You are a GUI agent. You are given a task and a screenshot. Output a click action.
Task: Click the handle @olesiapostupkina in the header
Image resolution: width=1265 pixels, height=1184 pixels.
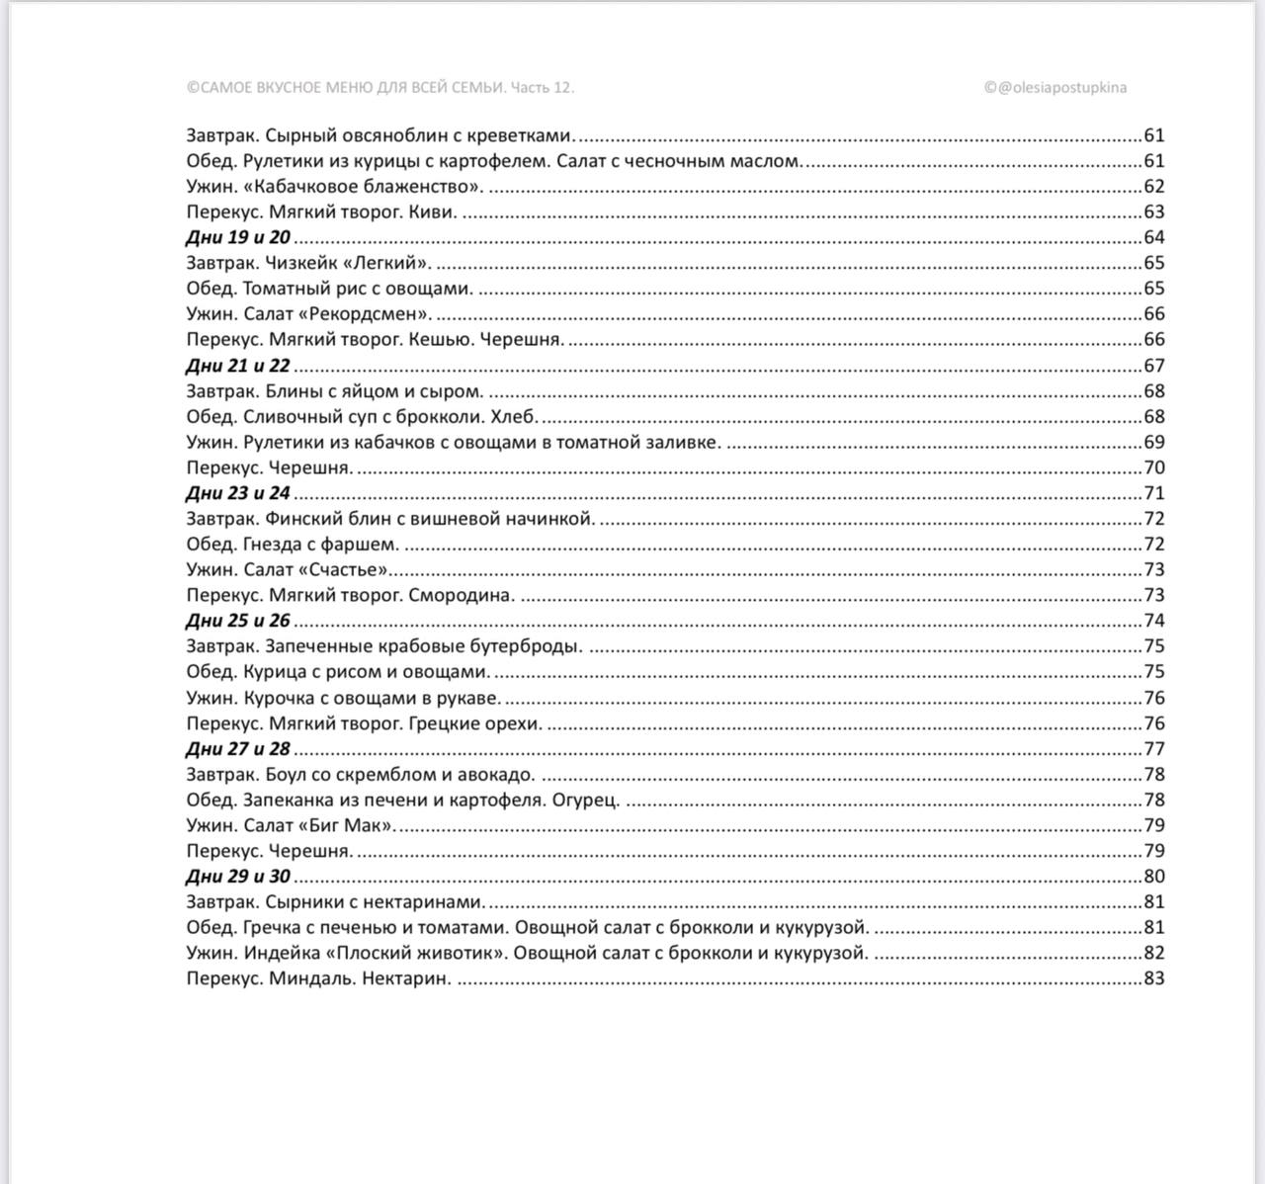(1062, 87)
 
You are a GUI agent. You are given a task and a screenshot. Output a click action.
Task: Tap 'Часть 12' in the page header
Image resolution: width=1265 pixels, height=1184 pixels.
(543, 87)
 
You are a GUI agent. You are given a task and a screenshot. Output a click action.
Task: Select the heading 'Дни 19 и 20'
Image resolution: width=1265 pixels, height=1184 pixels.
(238, 237)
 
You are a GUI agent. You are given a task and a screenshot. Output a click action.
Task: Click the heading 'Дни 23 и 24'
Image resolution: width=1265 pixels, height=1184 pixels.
(238, 493)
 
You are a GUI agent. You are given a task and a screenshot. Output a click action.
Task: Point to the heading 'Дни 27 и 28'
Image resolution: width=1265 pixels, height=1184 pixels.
(238, 749)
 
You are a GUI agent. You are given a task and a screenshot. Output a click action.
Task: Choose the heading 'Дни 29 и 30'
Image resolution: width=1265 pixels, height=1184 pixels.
(238, 877)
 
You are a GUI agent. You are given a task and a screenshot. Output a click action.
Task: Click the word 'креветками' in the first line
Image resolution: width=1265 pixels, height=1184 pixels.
(523, 135)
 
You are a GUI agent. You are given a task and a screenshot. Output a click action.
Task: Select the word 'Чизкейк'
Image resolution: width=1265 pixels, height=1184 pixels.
(298, 263)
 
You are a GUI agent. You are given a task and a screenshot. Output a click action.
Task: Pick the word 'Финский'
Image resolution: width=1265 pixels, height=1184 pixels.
(298, 519)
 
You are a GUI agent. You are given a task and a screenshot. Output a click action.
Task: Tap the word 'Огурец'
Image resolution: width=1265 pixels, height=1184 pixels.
(585, 801)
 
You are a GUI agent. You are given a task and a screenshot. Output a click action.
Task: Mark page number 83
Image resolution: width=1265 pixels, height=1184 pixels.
(1153, 979)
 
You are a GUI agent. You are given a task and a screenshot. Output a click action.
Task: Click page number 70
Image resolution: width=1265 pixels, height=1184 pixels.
(1153, 468)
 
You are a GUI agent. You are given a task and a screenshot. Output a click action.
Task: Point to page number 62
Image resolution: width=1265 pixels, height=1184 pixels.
(1153, 187)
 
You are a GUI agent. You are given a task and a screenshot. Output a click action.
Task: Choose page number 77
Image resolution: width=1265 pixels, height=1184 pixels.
(1153, 749)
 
